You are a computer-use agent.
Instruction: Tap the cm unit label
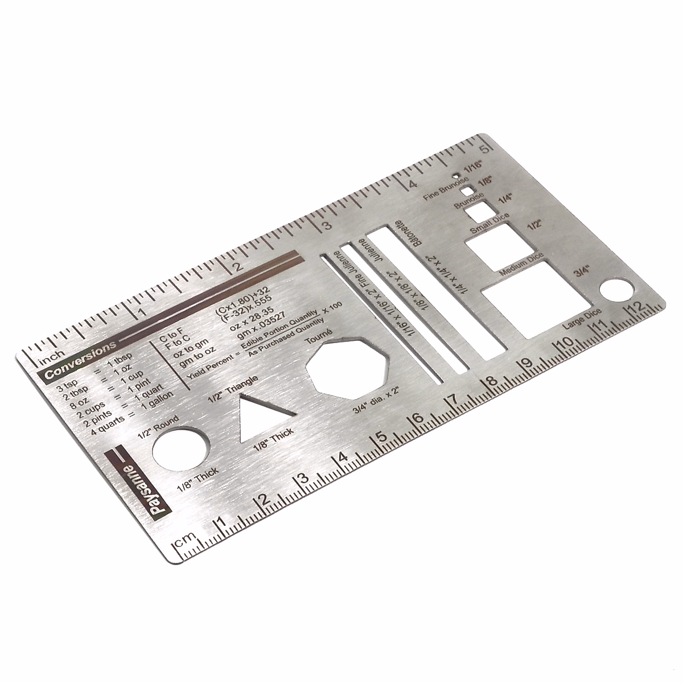coord(184,540)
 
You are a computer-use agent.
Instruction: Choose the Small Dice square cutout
coord(476,211)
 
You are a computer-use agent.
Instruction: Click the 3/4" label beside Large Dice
coord(582,271)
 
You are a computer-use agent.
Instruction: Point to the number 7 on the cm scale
coord(453,401)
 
